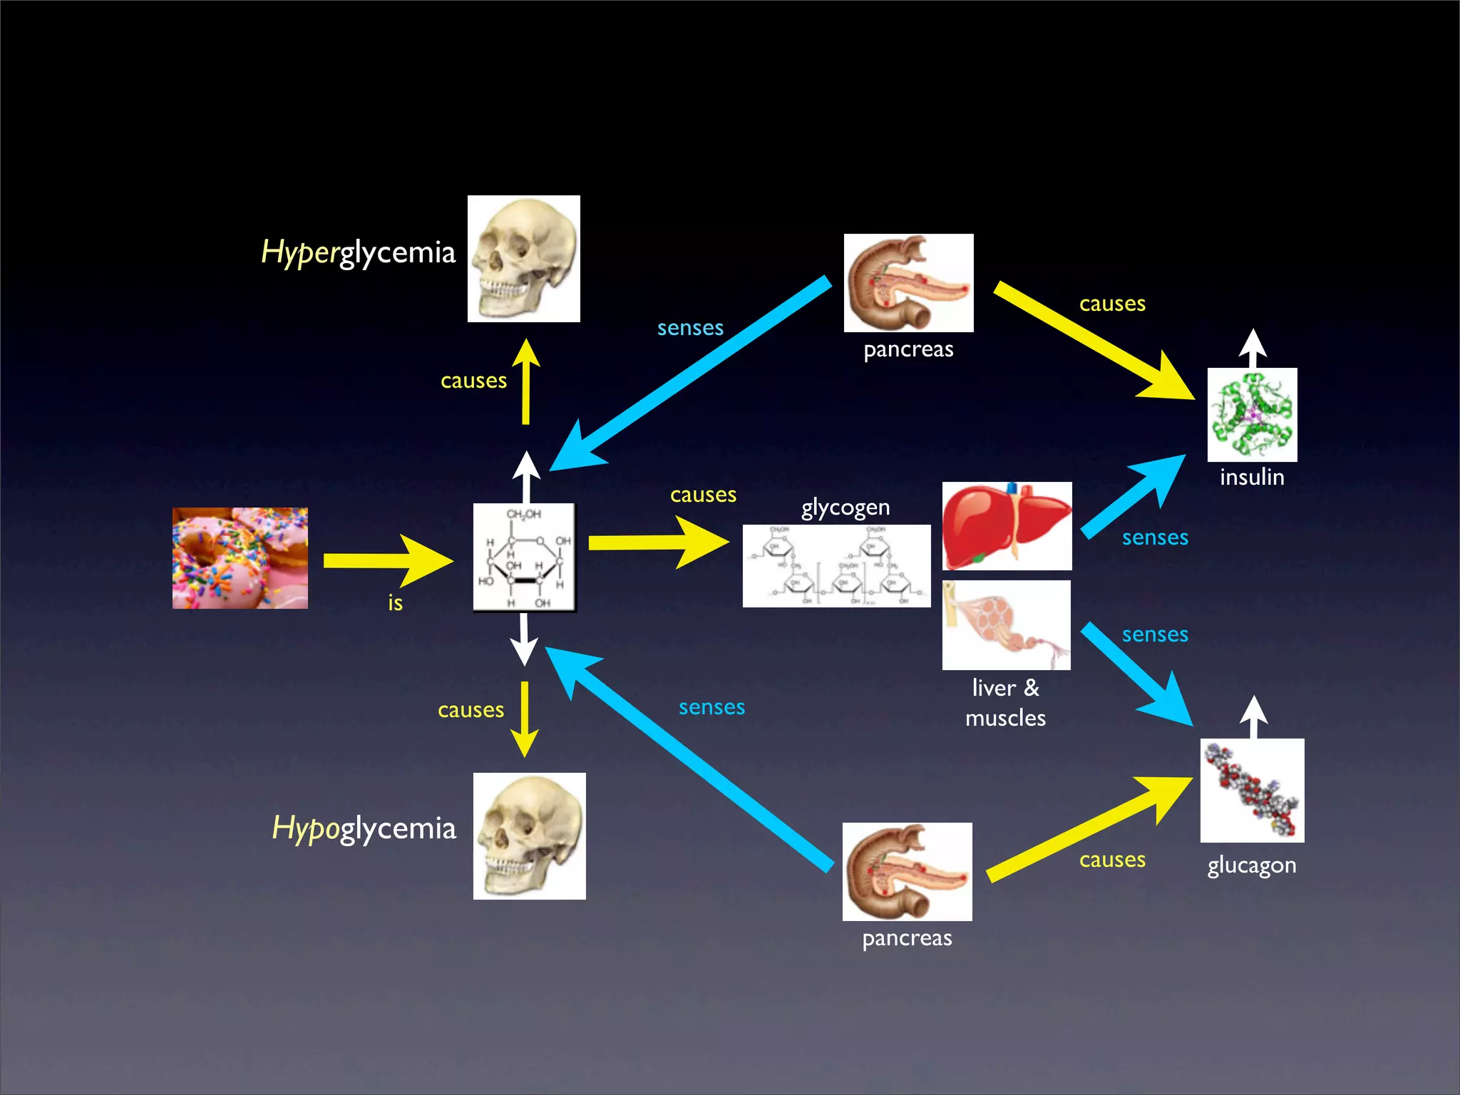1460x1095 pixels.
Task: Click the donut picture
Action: pyautogui.click(x=240, y=558)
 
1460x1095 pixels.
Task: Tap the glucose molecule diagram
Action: pyautogui.click(x=525, y=557)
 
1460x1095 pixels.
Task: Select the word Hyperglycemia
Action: pyautogui.click(x=358, y=253)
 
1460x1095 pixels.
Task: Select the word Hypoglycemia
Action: pyautogui.click(x=364, y=828)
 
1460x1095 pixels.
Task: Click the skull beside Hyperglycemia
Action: pyautogui.click(x=524, y=259)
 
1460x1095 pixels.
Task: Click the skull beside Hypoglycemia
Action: pyautogui.click(x=530, y=836)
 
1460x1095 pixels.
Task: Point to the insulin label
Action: pyautogui.click(x=1252, y=477)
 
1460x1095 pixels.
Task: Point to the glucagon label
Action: pyautogui.click(x=1252, y=865)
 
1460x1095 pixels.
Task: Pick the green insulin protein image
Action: pyautogui.click(x=1253, y=415)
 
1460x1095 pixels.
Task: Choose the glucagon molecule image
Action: pyautogui.click(x=1253, y=791)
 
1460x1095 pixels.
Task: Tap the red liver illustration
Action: pyautogui.click(x=1007, y=526)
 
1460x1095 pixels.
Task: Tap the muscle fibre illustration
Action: pyautogui.click(x=1007, y=625)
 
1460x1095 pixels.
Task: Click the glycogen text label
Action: pyautogui.click(x=845, y=508)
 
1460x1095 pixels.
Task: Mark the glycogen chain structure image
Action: pyautogui.click(x=837, y=566)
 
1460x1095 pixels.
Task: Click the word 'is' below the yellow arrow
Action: pyautogui.click(x=395, y=603)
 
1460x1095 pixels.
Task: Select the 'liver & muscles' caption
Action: pyautogui.click(x=1005, y=703)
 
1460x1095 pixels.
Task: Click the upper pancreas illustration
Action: pyautogui.click(x=909, y=283)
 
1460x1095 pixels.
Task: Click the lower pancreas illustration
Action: pyautogui.click(x=908, y=872)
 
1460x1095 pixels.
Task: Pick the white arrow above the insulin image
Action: pyautogui.click(x=1253, y=348)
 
